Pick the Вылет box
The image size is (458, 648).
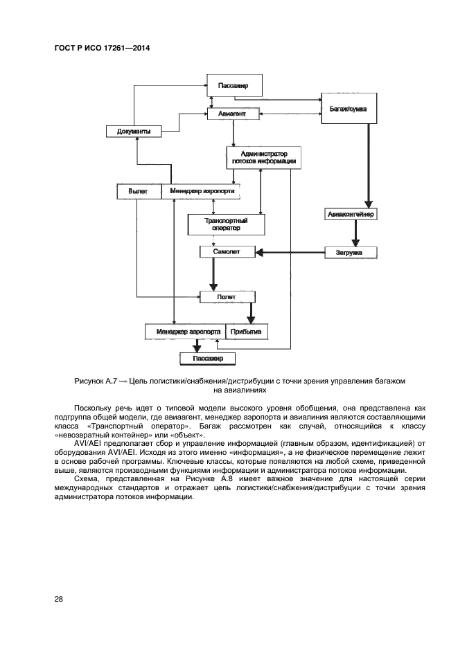point(139,190)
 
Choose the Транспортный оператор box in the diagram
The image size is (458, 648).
point(226,224)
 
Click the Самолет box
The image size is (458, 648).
point(227,252)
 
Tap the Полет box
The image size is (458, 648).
point(227,296)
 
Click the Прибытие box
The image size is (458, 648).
point(245,331)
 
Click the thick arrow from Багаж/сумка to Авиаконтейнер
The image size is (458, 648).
point(369,166)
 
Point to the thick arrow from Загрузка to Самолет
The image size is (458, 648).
point(291,252)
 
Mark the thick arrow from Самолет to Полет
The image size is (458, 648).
point(214,275)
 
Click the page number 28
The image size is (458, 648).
point(59,599)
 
